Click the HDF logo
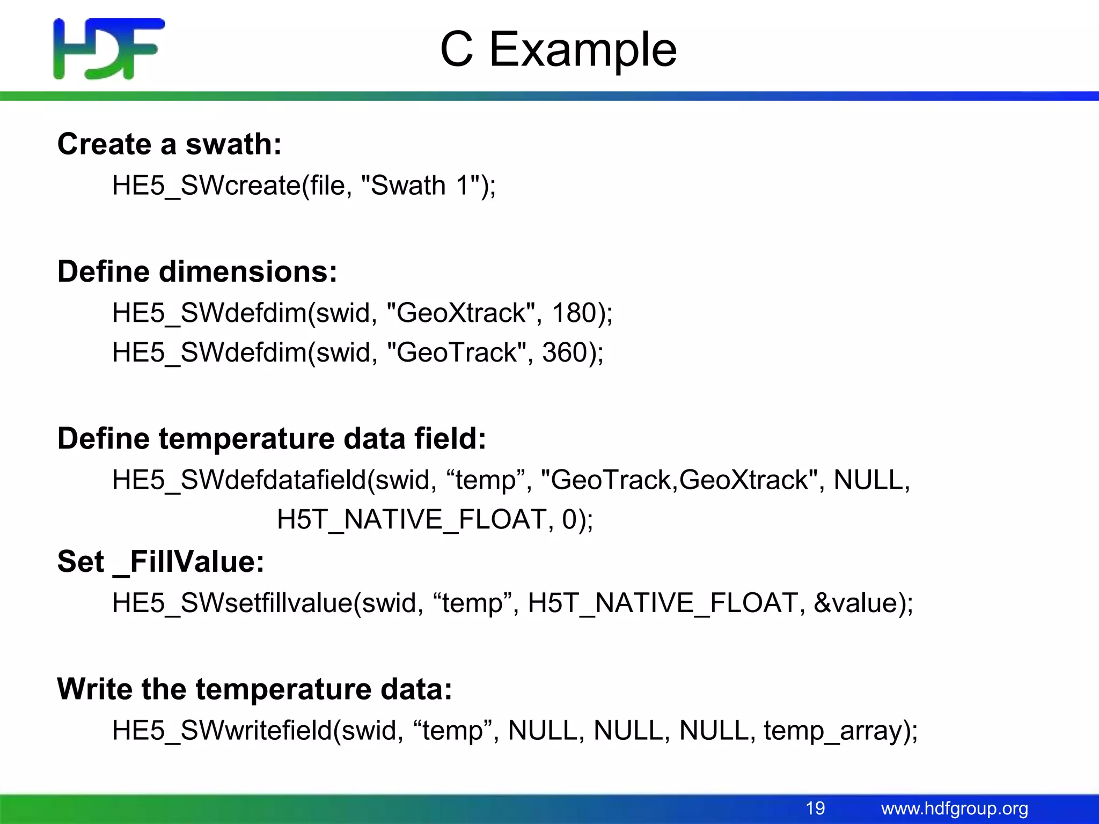[109, 49]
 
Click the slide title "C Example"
[558, 49]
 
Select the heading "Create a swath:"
[170, 144]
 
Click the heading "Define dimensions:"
[197, 271]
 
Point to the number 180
[575, 313]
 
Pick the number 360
[565, 352]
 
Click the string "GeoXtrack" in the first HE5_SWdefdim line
[460, 313]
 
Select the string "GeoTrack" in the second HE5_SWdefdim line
[456, 352]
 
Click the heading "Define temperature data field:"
[272, 439]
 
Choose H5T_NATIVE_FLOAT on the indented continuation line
[411, 519]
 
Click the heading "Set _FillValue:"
[161, 562]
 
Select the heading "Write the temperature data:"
[254, 689]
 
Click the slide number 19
[815, 808]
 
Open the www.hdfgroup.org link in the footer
[954, 808]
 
